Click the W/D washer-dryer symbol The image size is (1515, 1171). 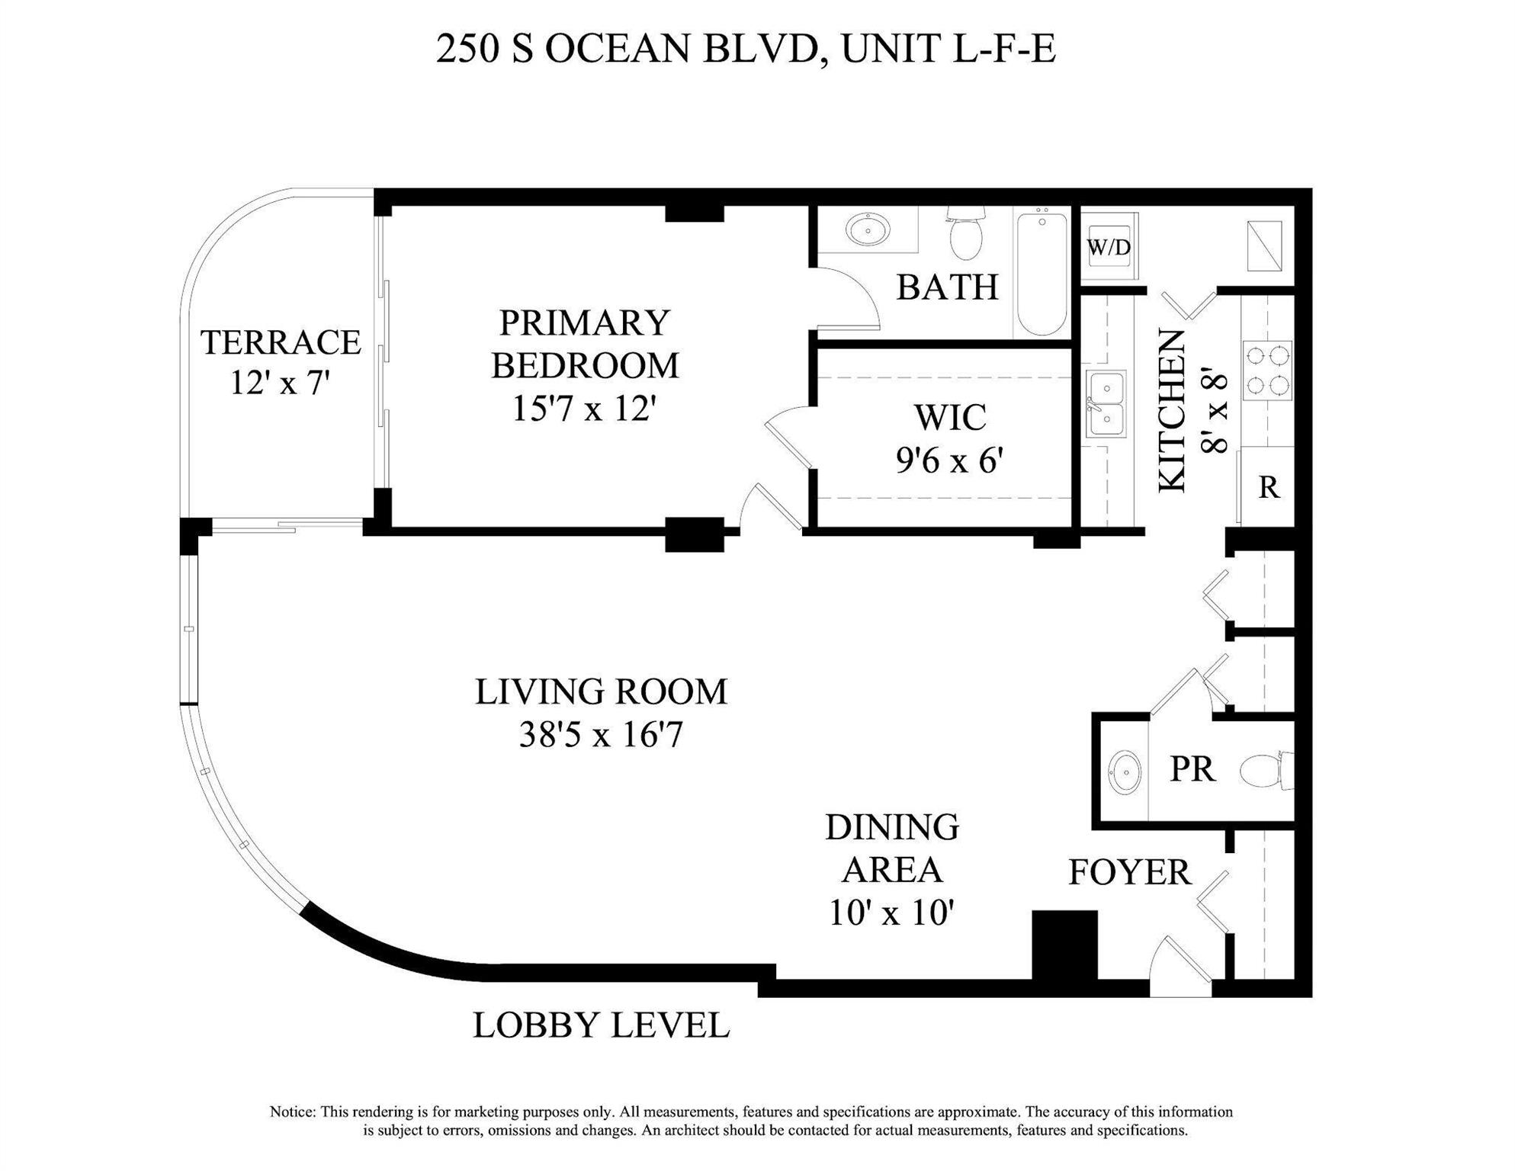(x=1109, y=246)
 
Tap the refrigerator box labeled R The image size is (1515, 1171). (x=1268, y=486)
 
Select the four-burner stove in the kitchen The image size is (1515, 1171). (x=1267, y=371)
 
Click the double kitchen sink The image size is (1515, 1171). (x=1106, y=404)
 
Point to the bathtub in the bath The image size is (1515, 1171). (x=1042, y=273)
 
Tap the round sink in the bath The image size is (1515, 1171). (x=868, y=229)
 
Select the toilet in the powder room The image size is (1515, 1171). (x=1266, y=770)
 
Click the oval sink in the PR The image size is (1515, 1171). (x=1124, y=772)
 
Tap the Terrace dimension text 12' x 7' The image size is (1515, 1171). (x=280, y=383)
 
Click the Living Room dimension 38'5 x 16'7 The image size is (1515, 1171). (x=601, y=736)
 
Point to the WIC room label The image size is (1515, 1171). (x=950, y=417)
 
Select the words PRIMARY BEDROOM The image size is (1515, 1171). (x=585, y=344)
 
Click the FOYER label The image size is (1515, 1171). (x=1129, y=872)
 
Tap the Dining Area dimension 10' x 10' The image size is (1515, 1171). (x=891, y=913)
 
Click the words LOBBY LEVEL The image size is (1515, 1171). (x=601, y=1025)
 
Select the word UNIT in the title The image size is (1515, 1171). (x=891, y=49)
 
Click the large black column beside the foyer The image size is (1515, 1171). (x=1064, y=945)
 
